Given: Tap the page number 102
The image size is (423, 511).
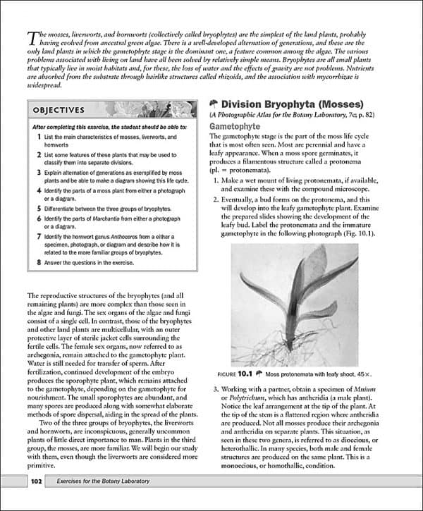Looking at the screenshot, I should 37,481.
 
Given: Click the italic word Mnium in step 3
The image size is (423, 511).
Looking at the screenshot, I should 379,390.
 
